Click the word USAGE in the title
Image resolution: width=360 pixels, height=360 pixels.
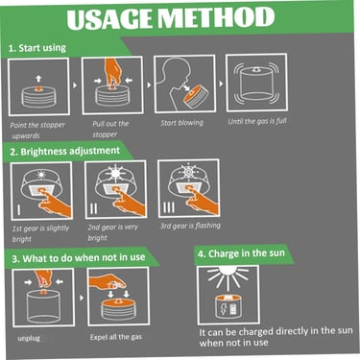110,18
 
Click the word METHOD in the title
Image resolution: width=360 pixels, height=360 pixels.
217,18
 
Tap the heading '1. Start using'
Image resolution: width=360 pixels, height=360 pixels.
37,48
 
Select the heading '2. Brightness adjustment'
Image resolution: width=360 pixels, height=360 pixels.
65,151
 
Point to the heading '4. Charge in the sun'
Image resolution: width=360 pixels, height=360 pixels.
241,253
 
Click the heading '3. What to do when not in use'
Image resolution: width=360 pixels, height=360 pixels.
79,258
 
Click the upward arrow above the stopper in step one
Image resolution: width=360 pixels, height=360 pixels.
38,78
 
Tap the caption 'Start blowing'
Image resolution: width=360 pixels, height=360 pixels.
181,123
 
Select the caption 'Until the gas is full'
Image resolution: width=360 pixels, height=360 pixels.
257,121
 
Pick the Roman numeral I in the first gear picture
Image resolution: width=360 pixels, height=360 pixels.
19,209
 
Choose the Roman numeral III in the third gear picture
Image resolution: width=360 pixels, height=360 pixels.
169,207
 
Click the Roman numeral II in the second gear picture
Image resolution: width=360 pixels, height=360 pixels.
93,208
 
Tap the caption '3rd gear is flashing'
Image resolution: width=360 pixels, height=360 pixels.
190,226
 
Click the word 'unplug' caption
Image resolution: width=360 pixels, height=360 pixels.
29,338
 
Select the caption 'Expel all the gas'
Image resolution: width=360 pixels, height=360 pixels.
116,337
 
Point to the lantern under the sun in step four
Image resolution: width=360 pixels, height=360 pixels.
228,307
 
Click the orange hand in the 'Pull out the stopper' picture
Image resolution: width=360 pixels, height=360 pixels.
112,71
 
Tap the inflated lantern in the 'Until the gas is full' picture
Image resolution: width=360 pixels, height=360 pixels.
257,84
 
